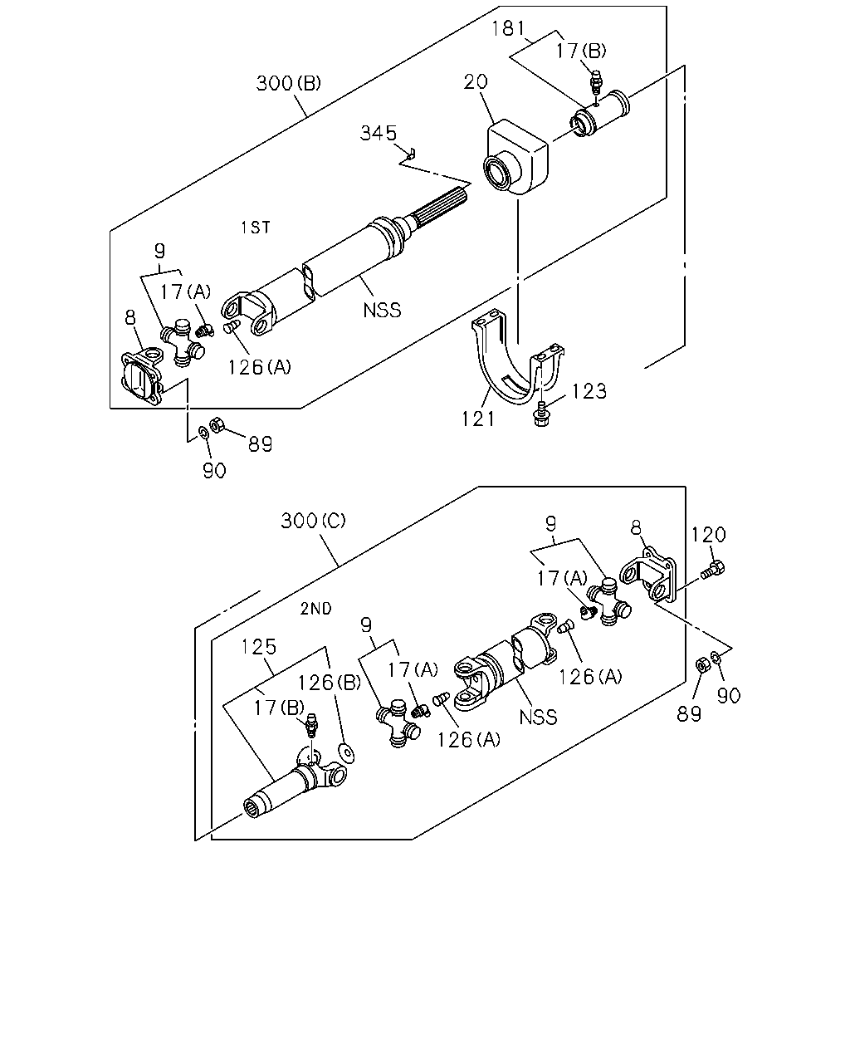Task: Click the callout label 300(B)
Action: [x=288, y=83]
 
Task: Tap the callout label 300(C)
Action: [x=313, y=521]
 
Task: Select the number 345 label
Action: [x=379, y=134]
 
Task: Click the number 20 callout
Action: [x=476, y=82]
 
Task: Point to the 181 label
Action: [x=508, y=28]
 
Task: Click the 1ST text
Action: [x=256, y=228]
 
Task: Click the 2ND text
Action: [x=315, y=609]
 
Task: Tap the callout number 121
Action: [x=477, y=419]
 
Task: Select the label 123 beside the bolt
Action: [x=589, y=391]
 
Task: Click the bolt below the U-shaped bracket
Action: [x=542, y=414]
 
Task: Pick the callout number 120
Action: [x=708, y=535]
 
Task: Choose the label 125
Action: [x=259, y=647]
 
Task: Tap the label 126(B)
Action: [x=329, y=683]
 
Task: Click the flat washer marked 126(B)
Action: [x=346, y=752]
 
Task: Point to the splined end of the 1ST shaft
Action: [x=440, y=207]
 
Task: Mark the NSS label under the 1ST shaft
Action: [x=382, y=311]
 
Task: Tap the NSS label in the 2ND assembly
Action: [x=538, y=718]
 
